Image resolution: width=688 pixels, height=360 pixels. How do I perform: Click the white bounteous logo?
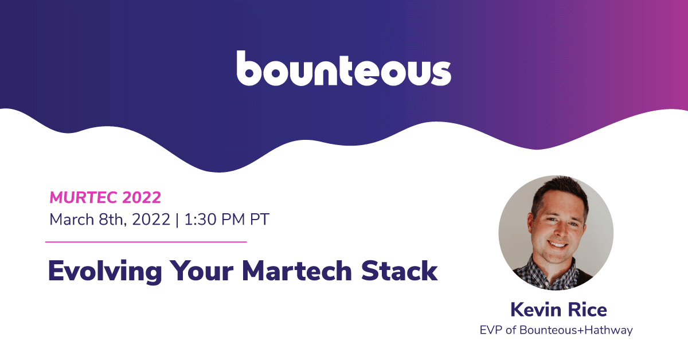tap(343, 68)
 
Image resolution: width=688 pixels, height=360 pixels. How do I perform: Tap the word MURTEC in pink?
tap(83, 198)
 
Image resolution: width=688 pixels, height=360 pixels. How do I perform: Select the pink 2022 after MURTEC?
tap(142, 198)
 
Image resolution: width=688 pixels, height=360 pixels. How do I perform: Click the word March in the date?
tap(72, 220)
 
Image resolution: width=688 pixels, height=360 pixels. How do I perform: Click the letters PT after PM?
tap(260, 220)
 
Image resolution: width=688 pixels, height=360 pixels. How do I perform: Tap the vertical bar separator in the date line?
tap(177, 220)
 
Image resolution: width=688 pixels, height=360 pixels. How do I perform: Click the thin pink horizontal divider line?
tap(146, 242)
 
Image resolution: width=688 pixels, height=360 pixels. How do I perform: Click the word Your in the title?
tap(201, 271)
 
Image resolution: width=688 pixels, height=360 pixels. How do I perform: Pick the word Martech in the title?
tap(297, 271)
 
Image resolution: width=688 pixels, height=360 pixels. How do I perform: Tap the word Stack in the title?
tap(399, 271)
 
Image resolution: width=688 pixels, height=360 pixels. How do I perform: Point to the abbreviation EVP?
tap(491, 330)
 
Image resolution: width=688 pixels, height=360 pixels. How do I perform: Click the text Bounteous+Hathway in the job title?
tap(576, 331)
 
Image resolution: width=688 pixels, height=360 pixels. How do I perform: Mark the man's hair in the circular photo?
tap(560, 192)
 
